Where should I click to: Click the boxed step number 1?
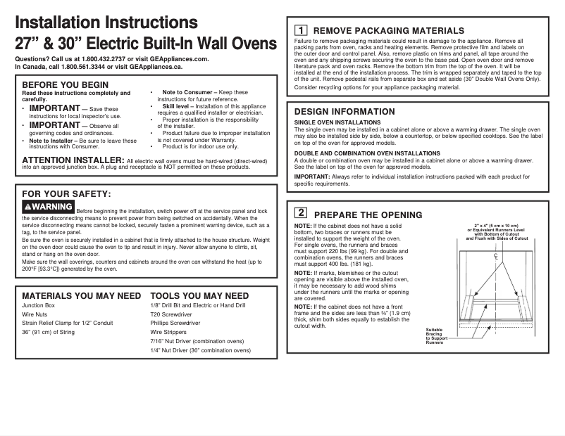tap(300, 30)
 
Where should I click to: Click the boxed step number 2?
tap(300, 212)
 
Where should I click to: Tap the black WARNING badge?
tap(48, 207)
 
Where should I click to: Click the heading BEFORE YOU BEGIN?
tap(66, 84)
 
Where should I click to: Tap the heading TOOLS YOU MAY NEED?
tap(199, 296)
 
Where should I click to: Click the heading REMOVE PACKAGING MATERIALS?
tap(388, 30)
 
